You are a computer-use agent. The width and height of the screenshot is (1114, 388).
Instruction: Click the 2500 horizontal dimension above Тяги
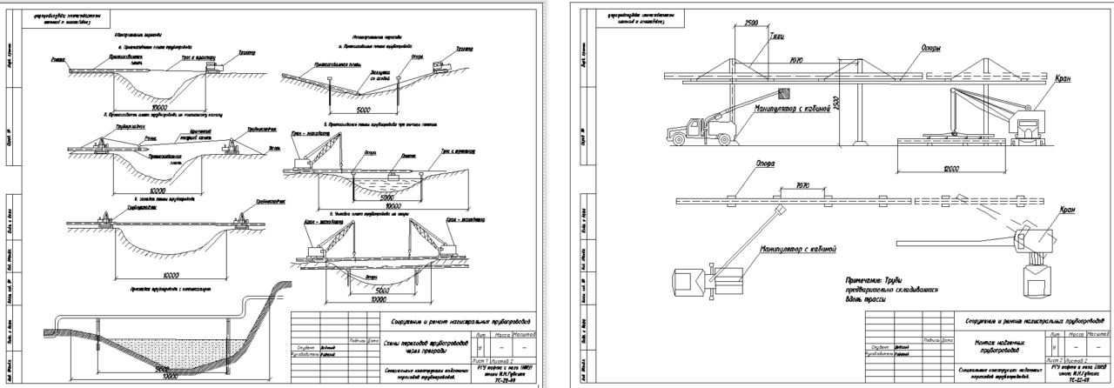pos(757,23)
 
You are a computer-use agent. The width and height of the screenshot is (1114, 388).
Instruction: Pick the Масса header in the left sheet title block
pos(502,335)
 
